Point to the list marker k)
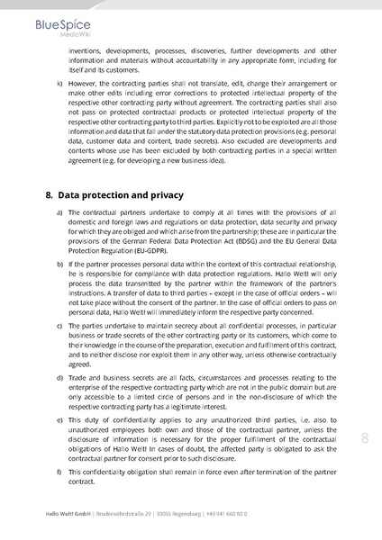tap(59, 84)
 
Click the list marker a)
tap(59, 212)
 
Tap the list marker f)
tap(59, 472)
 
